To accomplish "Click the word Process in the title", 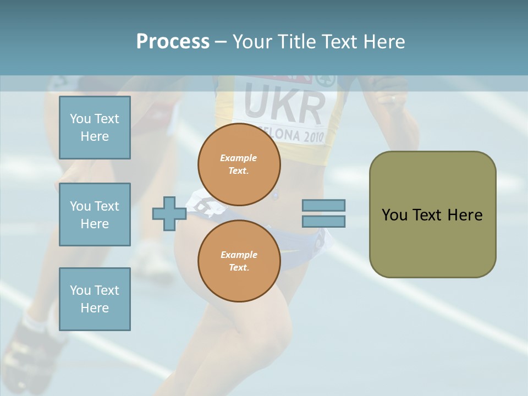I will click(x=173, y=42).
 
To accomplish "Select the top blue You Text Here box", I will click(x=95, y=128).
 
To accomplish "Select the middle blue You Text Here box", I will click(x=95, y=215).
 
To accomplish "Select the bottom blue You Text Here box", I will click(x=95, y=299).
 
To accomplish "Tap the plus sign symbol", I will click(x=169, y=214).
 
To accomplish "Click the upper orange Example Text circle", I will click(x=239, y=164).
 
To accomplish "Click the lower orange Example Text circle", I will click(x=239, y=261).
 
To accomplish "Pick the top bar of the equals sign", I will click(x=324, y=205).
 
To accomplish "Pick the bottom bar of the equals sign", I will click(x=324, y=222).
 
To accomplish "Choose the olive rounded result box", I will click(x=432, y=215).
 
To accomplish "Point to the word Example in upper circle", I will click(x=239, y=158).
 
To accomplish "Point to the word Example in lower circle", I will click(x=239, y=255).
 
